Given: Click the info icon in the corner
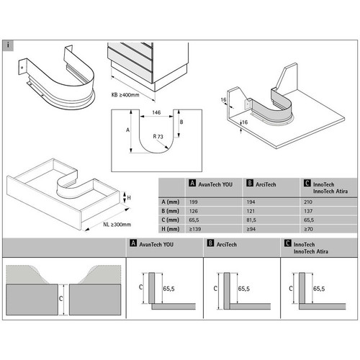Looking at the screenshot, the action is [8, 45].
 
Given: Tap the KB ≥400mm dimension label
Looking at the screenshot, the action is [125, 95].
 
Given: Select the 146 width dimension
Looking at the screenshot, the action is [156, 112].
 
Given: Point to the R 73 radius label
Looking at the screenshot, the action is [158, 137].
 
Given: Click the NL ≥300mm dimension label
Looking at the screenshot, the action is [117, 225].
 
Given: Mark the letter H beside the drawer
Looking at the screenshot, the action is [129, 198].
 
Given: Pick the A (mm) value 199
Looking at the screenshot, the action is [193, 202].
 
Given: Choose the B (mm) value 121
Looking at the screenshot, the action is [251, 211].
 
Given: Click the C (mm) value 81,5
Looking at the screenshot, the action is [251, 220].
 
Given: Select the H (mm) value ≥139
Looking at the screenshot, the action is [194, 229].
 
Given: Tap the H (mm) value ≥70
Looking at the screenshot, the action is [308, 229].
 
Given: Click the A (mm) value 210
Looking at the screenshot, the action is [308, 202].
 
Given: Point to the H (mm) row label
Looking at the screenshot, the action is [171, 229].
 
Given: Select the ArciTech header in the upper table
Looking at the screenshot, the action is [261, 184].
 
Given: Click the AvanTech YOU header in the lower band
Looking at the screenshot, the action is [152, 244].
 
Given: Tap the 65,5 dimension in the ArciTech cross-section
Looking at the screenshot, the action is [244, 289].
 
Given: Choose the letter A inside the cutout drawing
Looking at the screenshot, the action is [127, 130].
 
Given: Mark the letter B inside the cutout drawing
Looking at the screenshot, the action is [181, 122].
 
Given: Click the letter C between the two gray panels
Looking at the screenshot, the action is [60, 299].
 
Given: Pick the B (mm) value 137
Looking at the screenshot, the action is [308, 211].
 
